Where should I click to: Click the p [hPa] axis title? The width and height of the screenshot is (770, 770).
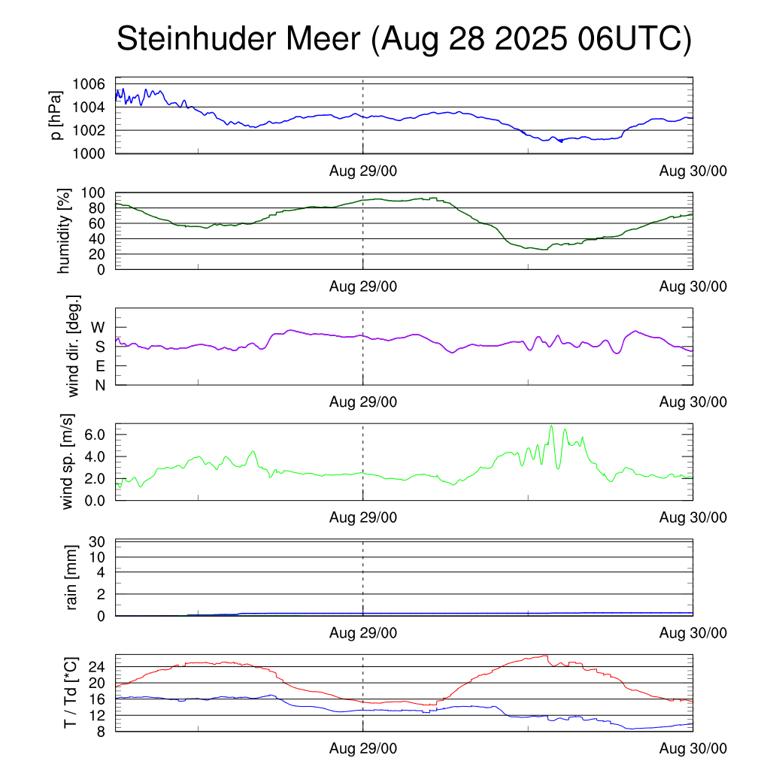pos(56,115)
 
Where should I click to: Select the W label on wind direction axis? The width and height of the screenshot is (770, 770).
pos(98,327)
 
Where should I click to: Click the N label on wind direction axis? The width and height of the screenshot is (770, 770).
pos(99,385)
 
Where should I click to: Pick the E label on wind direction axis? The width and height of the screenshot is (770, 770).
pos(99,366)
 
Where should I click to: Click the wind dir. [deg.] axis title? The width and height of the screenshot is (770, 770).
pos(73,346)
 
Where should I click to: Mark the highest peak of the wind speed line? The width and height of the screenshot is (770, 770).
pos(551,426)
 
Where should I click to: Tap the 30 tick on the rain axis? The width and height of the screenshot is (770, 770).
pos(98,542)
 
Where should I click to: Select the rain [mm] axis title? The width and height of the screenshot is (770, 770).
pos(73,577)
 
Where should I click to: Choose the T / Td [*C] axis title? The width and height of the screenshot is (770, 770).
pos(70,693)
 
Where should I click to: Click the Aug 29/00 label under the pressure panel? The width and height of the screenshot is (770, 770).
pos(363,171)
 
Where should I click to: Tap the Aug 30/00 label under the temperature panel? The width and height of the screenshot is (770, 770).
pos(693,748)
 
